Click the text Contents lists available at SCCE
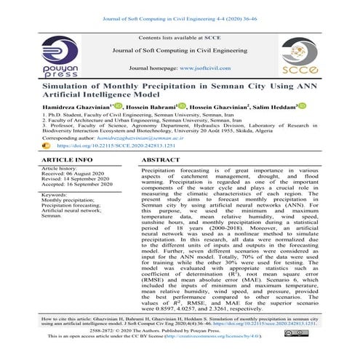(x=180, y=36)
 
